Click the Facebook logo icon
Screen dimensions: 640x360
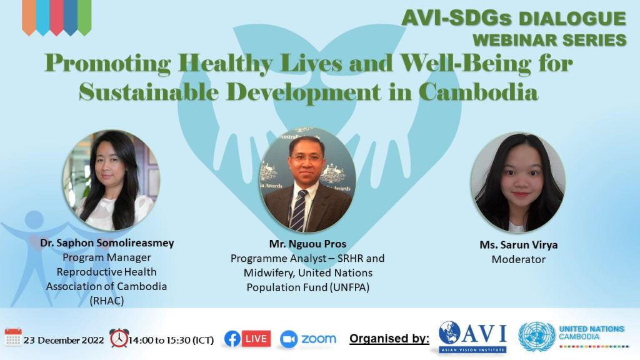232,339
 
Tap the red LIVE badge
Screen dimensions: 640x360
256,338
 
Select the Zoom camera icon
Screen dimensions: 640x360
289,339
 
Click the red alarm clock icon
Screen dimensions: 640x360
119,338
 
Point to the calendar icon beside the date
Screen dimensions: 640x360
13,337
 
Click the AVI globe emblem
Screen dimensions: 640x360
449,332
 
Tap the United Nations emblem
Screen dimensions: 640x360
537,337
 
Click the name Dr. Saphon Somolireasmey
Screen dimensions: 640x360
107,243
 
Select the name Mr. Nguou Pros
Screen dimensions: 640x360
307,244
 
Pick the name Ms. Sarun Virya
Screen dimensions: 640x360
518,245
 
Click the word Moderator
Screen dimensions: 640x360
518,259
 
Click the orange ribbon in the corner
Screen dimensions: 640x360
29,17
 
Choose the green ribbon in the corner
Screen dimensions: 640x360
84,17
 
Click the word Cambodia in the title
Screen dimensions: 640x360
478,92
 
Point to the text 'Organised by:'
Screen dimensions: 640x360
389,338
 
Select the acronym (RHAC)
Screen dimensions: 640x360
107,301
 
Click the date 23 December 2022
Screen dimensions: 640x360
64,340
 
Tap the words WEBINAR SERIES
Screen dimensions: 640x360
549,40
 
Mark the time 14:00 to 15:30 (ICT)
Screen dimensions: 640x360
171,340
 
